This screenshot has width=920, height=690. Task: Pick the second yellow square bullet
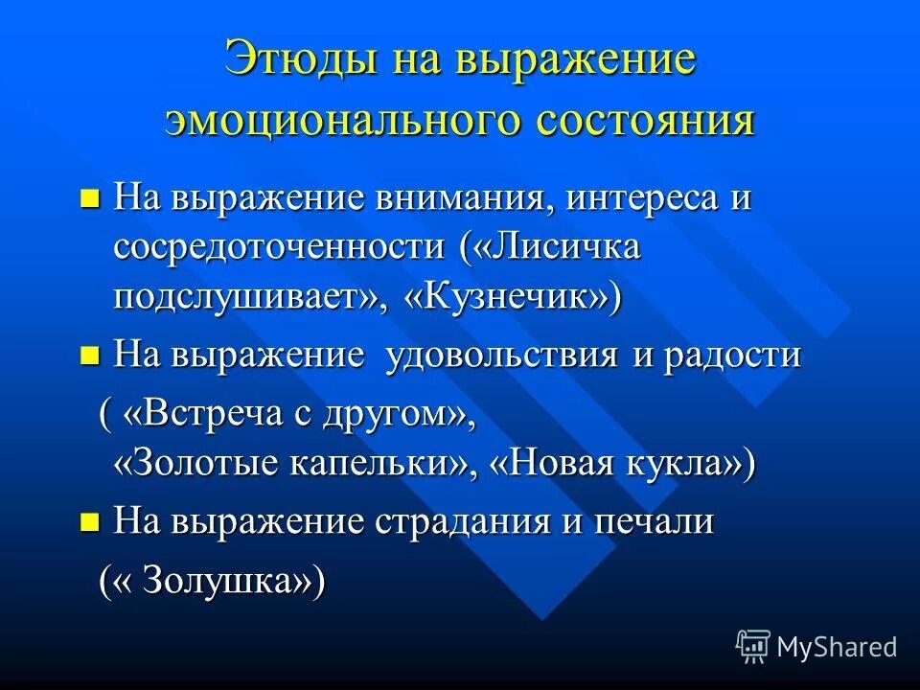pos(90,356)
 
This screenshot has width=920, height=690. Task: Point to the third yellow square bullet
pos(90,522)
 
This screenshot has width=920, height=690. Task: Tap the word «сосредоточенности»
pos(279,247)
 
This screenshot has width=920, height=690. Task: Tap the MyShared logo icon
pos(753,646)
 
